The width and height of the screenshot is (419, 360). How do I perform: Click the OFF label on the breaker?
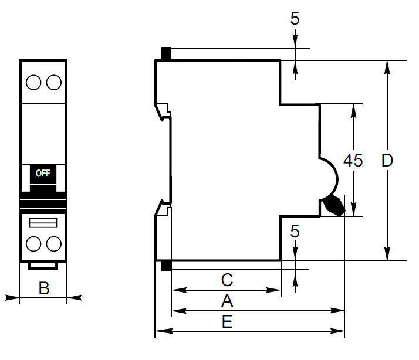[43, 173]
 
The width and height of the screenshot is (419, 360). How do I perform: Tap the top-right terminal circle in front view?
[53, 82]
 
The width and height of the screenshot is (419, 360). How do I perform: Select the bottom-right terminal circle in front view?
[53, 243]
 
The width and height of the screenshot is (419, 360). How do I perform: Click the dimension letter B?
[43, 288]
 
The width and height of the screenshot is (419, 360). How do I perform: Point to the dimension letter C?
[227, 280]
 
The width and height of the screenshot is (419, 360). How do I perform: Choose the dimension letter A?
[227, 301]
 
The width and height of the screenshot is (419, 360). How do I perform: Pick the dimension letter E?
[227, 322]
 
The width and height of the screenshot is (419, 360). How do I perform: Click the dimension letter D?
[387, 161]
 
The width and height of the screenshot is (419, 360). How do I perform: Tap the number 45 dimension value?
[353, 161]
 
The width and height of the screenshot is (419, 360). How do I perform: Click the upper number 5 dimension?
[295, 19]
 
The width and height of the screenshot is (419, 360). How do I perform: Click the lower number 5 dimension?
[295, 232]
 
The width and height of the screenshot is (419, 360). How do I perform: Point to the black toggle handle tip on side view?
[333, 205]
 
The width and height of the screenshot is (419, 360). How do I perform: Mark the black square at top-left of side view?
[166, 54]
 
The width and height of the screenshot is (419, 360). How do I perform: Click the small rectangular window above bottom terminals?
[43, 222]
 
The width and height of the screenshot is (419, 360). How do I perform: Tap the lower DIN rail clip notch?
[163, 208]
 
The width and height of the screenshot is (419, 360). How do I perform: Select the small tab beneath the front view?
[43, 266]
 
